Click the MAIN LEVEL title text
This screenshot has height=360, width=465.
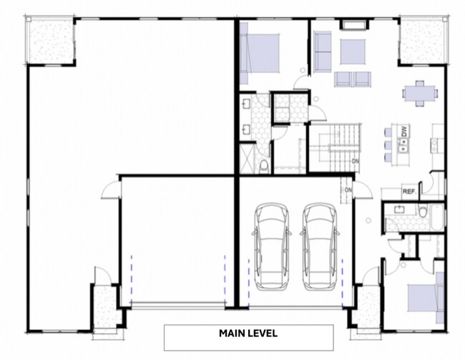coord(248,334)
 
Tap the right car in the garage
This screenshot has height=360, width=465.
coord(319,245)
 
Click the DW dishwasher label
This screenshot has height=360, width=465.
coord(404,132)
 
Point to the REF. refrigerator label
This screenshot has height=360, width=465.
coord(409,192)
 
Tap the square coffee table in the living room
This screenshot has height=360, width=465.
coord(352,52)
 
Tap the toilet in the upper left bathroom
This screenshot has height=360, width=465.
coord(264,167)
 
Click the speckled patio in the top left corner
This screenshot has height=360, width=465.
coord(50,41)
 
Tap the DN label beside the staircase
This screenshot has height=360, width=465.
coord(355,162)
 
